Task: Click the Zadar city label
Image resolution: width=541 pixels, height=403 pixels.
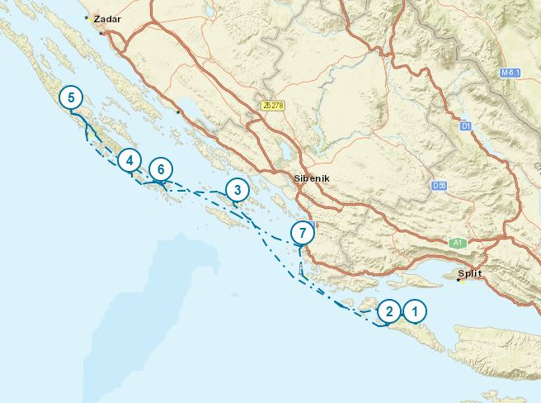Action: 107,17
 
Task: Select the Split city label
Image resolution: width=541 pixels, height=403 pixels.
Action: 472,272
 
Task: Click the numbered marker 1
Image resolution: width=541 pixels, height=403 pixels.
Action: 415,311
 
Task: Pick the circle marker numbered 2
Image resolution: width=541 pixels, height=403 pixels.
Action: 388,311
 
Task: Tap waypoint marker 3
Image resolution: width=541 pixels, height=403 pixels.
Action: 237,191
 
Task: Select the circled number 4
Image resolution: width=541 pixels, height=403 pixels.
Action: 129,160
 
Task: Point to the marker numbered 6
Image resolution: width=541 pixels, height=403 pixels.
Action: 161,170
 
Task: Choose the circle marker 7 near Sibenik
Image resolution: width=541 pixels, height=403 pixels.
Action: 303,232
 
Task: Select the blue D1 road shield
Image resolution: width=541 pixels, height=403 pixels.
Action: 465,126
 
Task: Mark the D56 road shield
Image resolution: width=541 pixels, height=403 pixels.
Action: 438,187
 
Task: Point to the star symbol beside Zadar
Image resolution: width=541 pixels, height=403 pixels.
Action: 87,17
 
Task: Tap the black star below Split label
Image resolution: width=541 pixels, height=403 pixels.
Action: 459,280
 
